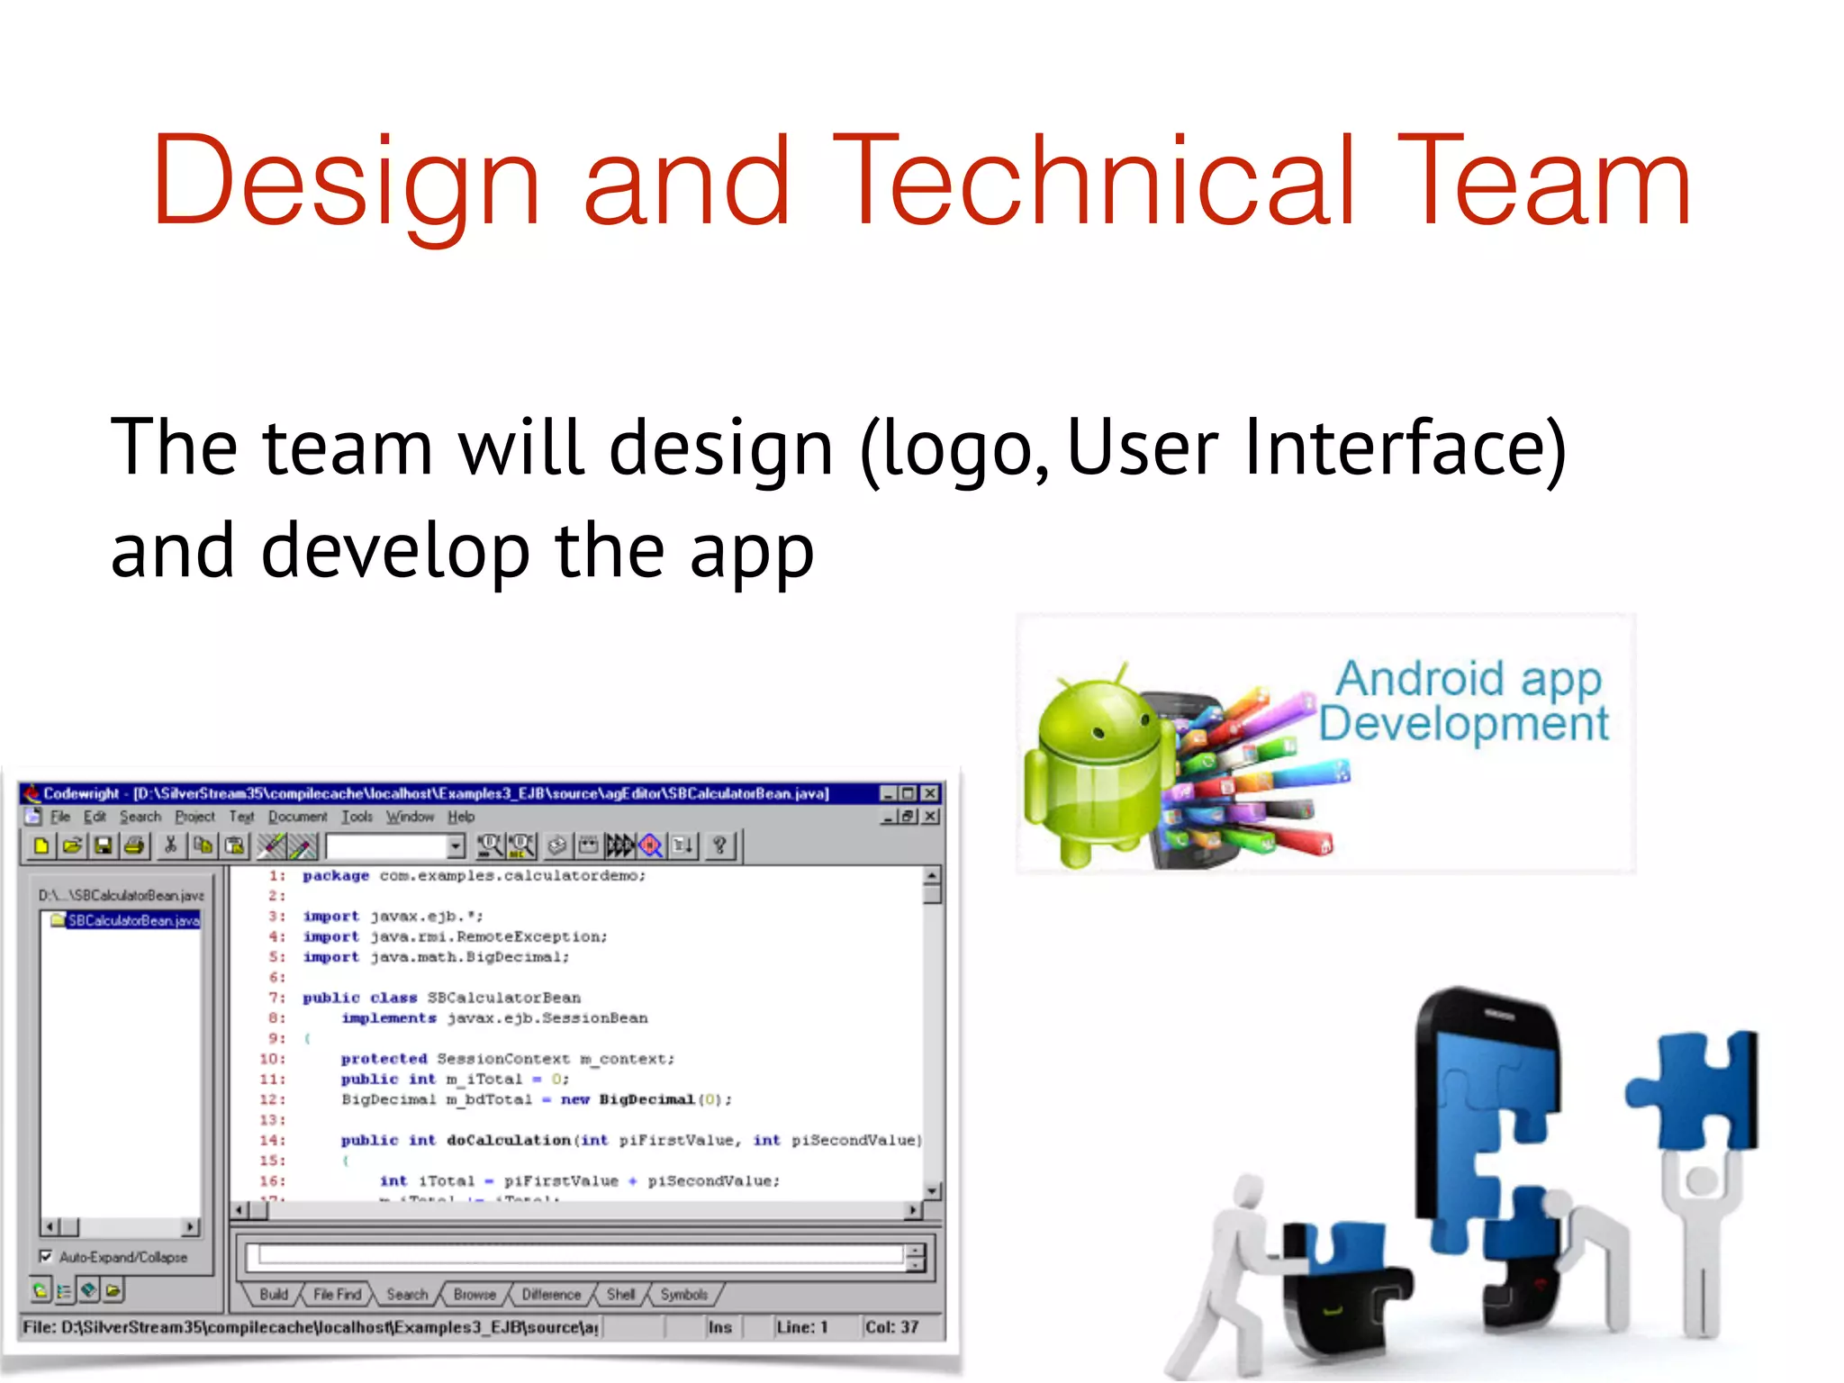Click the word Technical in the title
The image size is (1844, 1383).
(x=1094, y=180)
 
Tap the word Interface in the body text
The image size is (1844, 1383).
(x=1405, y=447)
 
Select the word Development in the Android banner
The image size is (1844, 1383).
(x=1463, y=724)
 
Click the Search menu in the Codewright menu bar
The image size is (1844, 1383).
(x=140, y=817)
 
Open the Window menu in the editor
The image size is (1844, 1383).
(x=410, y=817)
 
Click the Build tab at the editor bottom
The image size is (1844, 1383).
(x=274, y=1294)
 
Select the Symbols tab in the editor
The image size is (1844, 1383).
(x=683, y=1294)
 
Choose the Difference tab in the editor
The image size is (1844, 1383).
(x=551, y=1294)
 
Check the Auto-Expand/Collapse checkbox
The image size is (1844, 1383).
(x=46, y=1256)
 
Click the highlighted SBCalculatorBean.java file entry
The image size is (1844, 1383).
(x=133, y=920)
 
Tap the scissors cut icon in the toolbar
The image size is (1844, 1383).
(x=169, y=845)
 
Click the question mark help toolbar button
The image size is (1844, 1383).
(x=719, y=845)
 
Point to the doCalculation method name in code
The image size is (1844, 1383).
(x=509, y=1140)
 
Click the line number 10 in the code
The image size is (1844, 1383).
(x=271, y=1059)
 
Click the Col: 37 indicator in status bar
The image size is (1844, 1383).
(x=891, y=1327)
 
